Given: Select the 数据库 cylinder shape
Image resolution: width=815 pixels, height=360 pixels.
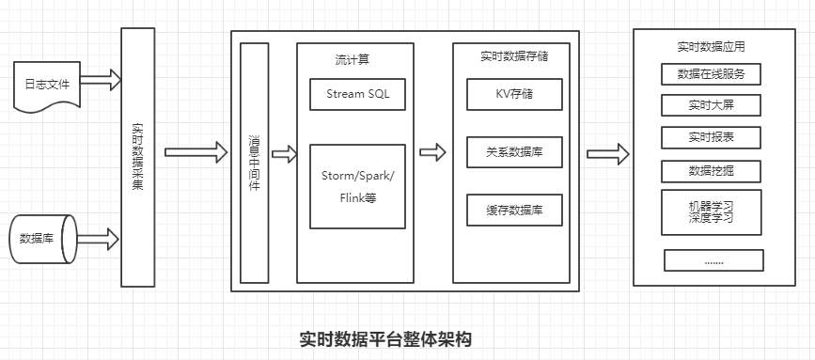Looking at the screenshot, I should (42, 239).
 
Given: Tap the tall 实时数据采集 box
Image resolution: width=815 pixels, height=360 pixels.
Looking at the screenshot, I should (137, 158).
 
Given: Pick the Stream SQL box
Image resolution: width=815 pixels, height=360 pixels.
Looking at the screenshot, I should (357, 94).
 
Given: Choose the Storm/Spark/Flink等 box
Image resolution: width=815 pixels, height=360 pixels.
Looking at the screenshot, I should (357, 186).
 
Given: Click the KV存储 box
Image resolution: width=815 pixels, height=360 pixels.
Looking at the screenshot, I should (514, 94).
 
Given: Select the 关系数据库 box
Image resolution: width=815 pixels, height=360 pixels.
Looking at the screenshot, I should (514, 151).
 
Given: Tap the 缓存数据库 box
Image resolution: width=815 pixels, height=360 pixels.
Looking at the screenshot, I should (514, 210).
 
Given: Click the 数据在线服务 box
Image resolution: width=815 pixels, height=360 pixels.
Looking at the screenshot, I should (711, 73).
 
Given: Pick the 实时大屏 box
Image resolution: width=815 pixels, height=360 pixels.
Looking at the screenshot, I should (711, 104).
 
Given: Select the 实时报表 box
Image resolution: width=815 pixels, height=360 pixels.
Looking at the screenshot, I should (711, 137).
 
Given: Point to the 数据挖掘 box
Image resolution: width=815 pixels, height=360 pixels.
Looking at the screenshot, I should (711, 171).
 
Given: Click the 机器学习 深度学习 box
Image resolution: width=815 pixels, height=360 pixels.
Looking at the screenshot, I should (711, 211).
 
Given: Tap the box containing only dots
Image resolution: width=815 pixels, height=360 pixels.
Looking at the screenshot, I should (713, 259).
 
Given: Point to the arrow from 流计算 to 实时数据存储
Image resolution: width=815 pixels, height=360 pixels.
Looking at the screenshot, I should (433, 152).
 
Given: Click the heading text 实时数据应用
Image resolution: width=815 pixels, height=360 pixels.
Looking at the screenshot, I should (711, 45).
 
